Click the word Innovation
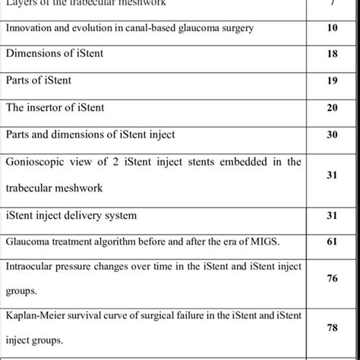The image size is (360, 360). coord(28,28)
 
